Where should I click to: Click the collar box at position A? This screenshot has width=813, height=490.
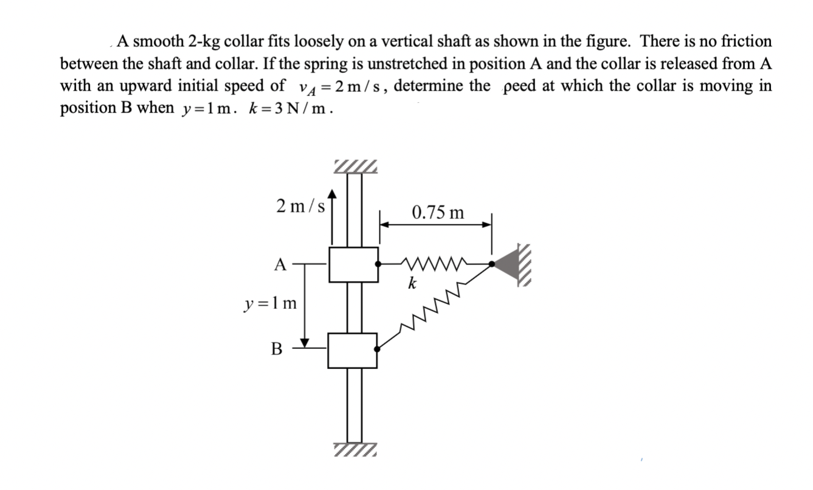353,264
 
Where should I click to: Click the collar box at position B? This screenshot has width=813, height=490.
353,350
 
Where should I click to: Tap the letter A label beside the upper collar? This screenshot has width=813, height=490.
280,264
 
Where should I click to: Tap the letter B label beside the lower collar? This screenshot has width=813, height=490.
277,349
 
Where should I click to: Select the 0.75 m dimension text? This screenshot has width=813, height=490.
437,213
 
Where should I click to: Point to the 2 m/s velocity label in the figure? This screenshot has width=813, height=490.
300,206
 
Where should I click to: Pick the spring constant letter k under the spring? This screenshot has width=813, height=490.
412,283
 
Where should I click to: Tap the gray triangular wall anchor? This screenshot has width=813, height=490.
505,264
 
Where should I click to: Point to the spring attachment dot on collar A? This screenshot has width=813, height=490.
379,264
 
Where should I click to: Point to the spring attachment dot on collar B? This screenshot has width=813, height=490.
378,349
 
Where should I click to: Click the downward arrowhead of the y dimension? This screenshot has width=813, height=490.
306,341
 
